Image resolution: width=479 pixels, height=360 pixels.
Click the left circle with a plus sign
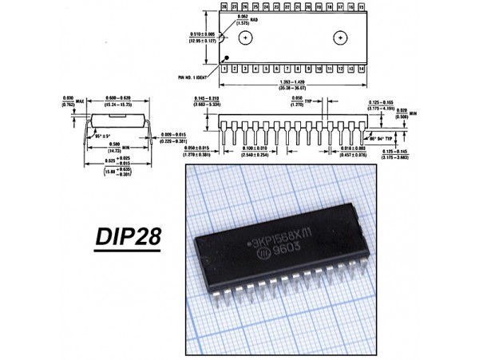(x=247, y=38)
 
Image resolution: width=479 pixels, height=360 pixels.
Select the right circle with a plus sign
(x=341, y=38)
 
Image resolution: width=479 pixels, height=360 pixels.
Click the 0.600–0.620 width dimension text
(x=121, y=99)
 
